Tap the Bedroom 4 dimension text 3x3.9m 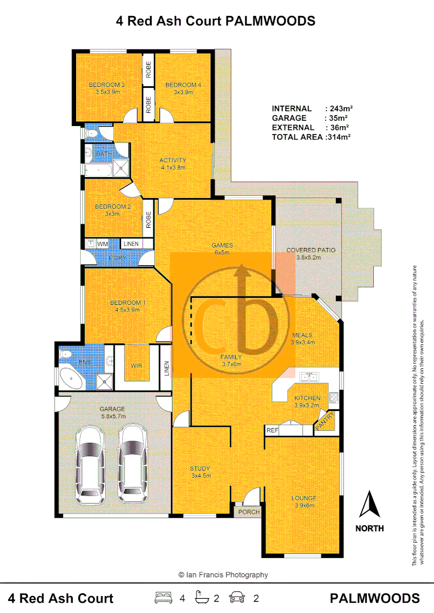point(183,93)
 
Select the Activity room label point(173,160)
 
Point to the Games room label point(222,245)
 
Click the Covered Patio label point(311,250)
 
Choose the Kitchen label point(307,398)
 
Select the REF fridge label point(272,431)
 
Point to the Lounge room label point(304,498)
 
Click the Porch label point(249,511)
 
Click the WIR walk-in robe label point(136,366)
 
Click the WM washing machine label point(103,244)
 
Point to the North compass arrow point(369,505)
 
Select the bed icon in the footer point(164,597)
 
